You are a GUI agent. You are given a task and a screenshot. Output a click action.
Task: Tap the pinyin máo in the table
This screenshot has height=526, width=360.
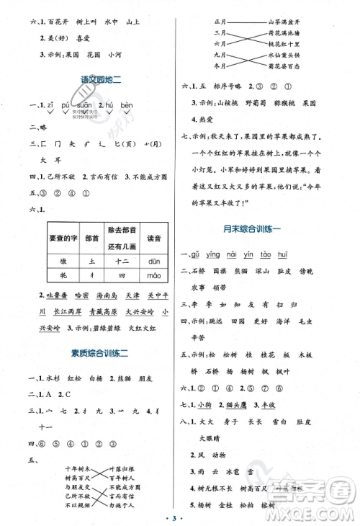(156, 275)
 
